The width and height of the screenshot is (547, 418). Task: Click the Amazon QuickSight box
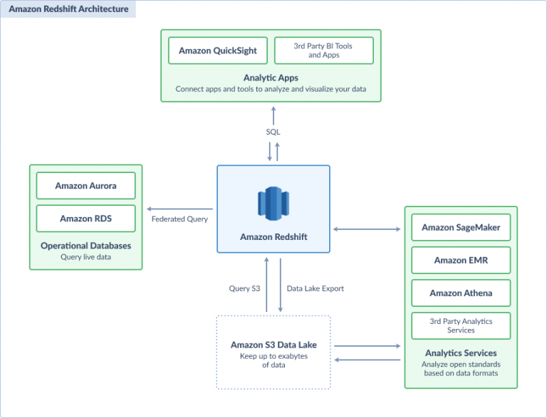[x=218, y=51]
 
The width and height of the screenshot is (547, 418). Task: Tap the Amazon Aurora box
[x=85, y=186]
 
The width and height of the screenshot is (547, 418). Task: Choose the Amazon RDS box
[x=85, y=219]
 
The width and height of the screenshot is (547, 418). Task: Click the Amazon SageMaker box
[x=461, y=228]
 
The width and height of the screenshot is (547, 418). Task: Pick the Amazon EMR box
[x=461, y=260]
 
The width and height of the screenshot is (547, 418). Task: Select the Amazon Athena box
[x=461, y=293]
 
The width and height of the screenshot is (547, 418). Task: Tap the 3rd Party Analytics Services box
[x=461, y=325]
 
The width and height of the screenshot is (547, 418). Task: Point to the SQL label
[x=273, y=132]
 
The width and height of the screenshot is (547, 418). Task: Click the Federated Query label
[x=179, y=219]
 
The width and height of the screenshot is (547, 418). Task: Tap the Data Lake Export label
[x=316, y=288]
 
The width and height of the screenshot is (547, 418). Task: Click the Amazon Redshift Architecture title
[x=68, y=9]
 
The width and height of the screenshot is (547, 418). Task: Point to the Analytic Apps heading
[x=271, y=78]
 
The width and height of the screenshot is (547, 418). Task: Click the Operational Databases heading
[x=85, y=246]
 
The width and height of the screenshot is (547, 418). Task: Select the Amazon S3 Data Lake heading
[x=273, y=345]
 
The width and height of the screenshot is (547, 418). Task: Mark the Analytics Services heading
[x=461, y=353]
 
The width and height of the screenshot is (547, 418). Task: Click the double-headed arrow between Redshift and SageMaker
[x=367, y=229]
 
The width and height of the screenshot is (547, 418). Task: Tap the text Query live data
[x=85, y=257]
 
